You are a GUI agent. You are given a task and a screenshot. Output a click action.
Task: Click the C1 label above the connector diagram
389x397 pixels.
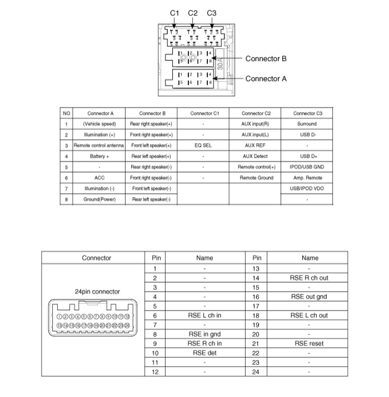174,13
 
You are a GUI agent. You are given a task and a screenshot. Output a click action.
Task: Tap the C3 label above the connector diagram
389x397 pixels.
212,13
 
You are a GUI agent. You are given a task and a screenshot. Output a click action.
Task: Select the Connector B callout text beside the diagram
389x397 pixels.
266,59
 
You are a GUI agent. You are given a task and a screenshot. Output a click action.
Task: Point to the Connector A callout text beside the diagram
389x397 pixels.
266,79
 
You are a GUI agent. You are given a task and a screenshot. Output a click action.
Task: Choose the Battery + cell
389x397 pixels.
99,156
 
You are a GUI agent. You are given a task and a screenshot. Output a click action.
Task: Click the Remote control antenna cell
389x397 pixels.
99,146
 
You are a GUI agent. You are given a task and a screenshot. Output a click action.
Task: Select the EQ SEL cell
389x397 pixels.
203,146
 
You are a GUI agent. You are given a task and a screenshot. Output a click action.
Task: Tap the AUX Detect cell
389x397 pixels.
255,156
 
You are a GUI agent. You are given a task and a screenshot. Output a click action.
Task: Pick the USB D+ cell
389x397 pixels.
307,156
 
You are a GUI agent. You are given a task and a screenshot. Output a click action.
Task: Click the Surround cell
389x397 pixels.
307,124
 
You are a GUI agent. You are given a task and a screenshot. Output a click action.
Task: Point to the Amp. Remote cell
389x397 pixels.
307,178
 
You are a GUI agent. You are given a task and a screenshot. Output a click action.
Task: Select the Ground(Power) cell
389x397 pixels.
99,200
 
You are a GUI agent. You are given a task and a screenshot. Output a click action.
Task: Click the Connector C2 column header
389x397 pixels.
255,113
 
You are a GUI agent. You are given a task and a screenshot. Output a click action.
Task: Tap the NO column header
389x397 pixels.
66,113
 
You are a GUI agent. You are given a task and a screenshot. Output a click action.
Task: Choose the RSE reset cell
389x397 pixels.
309,344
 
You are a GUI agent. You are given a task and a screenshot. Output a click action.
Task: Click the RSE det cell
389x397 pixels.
205,353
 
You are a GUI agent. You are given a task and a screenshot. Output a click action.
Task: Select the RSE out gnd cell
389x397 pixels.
309,297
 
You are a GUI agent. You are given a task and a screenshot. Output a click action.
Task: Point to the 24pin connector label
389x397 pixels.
97,292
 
